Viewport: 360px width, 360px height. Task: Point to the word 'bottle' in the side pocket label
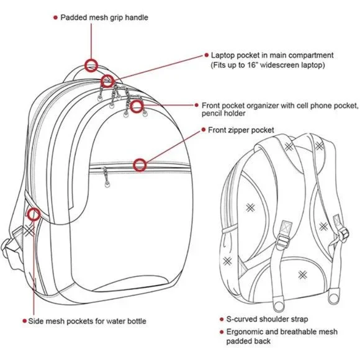[137, 321]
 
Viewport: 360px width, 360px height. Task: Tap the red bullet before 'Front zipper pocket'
[204, 130]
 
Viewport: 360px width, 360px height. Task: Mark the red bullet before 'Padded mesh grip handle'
[55, 17]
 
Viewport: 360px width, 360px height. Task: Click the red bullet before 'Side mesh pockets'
[25, 321]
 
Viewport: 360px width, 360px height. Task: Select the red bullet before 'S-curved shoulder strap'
[222, 320]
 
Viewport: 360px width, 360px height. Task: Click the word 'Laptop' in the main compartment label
[223, 56]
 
